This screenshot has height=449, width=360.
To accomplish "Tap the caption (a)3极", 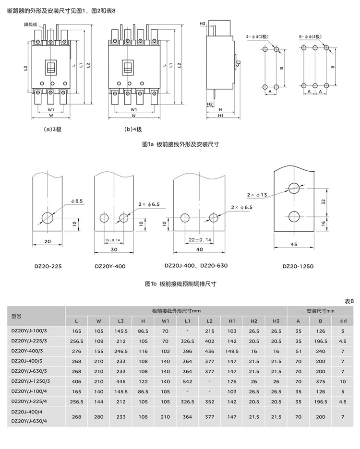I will click(52, 129).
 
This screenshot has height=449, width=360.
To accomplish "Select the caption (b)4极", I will click(133, 129).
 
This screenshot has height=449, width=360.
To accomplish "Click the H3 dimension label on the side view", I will click(203, 24).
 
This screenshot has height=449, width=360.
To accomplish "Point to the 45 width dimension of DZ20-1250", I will click(294, 244).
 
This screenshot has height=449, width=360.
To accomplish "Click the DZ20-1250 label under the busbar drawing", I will click(298, 266).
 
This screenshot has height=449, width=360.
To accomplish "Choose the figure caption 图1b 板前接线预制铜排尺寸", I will click(180, 284).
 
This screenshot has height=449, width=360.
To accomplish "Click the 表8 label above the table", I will click(349, 301).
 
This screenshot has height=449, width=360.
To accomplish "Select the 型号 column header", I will click(17, 316).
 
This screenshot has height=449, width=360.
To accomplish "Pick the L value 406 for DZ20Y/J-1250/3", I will click(77, 382).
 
